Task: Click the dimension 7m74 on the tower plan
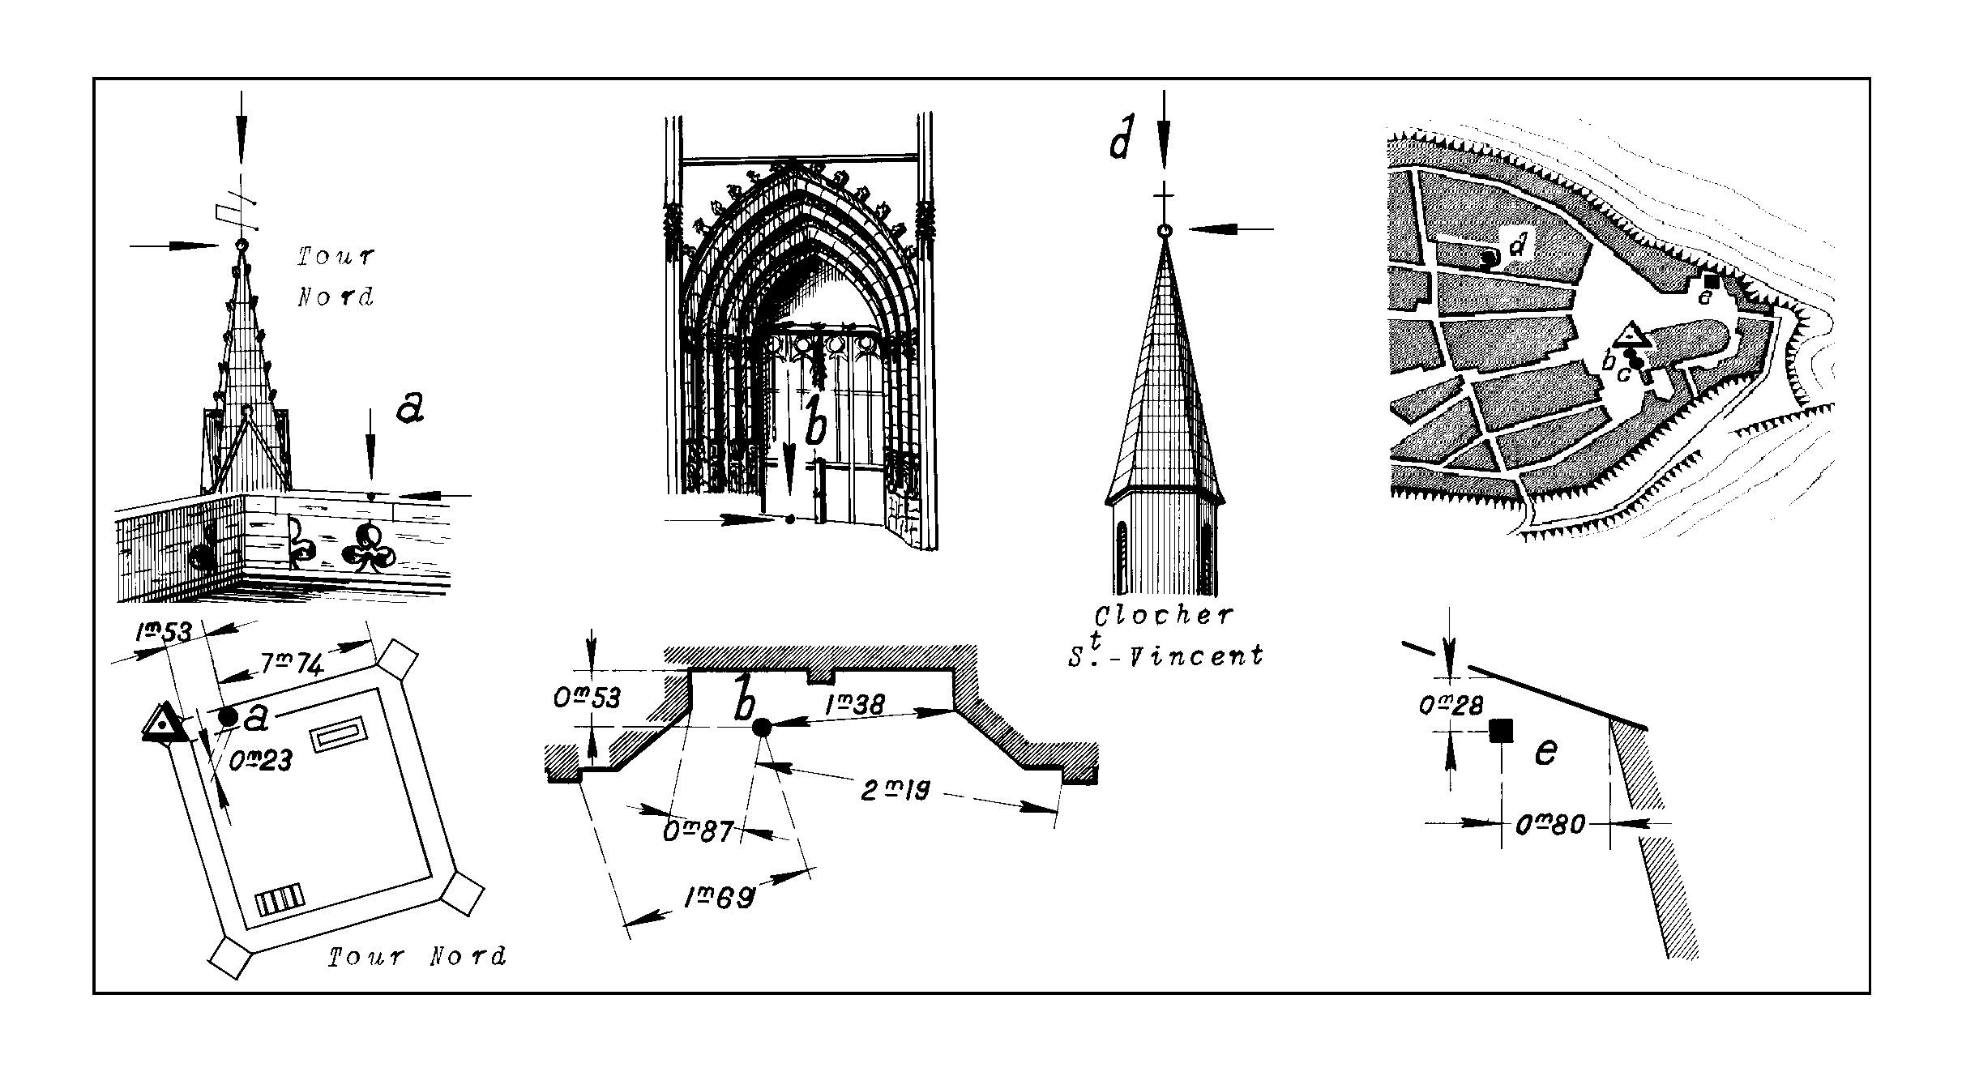(293, 665)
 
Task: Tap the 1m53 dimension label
(163, 631)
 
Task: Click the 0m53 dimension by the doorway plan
(587, 698)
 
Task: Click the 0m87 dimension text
(698, 831)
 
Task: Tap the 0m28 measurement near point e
(1451, 705)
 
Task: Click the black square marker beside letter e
(1502, 731)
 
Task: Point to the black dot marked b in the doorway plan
(761, 728)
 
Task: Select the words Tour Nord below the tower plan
(417, 957)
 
